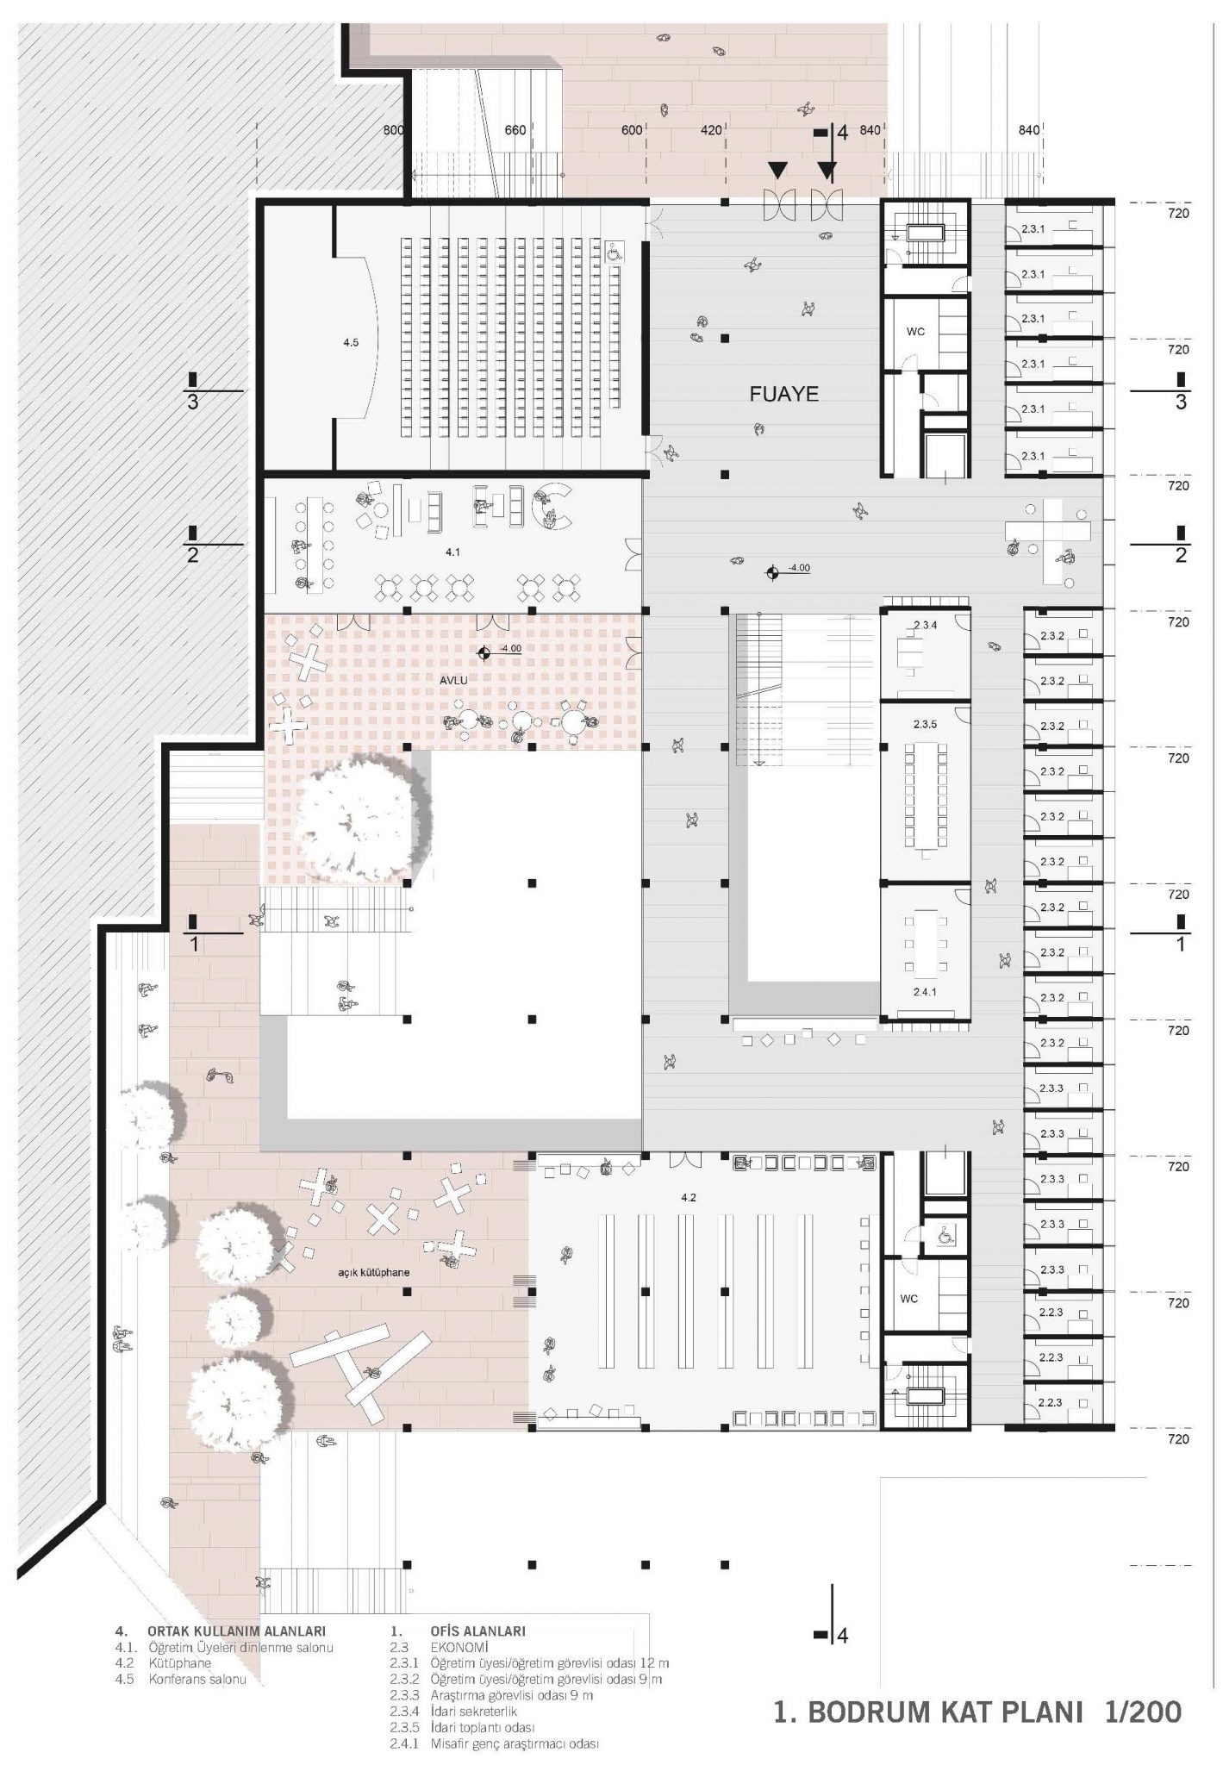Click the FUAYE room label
click(783, 395)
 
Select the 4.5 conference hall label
click(350, 342)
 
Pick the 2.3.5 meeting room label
click(925, 724)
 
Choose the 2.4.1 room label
click(924, 992)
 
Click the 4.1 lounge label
click(452, 552)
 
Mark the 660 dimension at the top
click(515, 130)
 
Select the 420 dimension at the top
click(711, 130)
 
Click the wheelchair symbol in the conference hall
click(616, 252)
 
